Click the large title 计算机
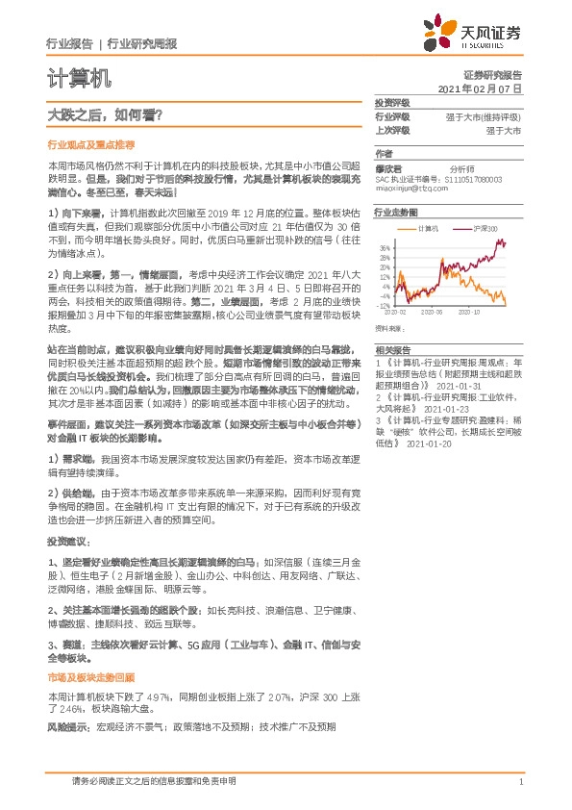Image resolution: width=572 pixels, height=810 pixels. (x=79, y=77)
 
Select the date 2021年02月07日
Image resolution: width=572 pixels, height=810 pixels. (x=479, y=88)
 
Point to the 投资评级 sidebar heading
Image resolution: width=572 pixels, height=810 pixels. (x=392, y=103)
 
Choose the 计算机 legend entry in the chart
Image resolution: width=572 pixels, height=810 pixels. (x=429, y=228)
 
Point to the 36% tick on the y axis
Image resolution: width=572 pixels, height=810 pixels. (x=385, y=246)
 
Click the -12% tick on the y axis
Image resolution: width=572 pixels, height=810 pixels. (x=385, y=306)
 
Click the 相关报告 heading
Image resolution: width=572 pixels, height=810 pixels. (x=391, y=350)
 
